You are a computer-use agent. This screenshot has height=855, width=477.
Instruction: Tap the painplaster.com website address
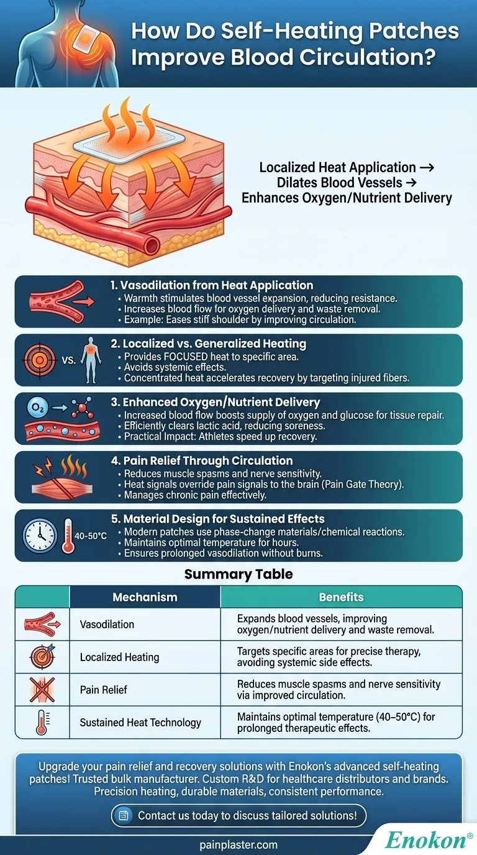point(238,845)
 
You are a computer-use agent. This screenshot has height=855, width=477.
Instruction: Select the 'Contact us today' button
point(238,815)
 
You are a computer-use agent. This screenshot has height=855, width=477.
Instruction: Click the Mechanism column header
point(145,597)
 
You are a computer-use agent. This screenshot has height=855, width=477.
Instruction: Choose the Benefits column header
point(341,597)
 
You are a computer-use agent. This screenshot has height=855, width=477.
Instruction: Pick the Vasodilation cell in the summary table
point(107,624)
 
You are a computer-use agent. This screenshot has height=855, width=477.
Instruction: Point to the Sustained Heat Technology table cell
point(140,722)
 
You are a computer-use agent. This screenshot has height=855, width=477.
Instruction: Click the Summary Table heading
point(238,574)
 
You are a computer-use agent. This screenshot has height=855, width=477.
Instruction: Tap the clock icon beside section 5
point(40,536)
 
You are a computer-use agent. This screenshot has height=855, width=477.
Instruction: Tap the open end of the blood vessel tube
point(151,245)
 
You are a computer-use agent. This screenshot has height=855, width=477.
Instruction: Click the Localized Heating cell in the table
point(119,657)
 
